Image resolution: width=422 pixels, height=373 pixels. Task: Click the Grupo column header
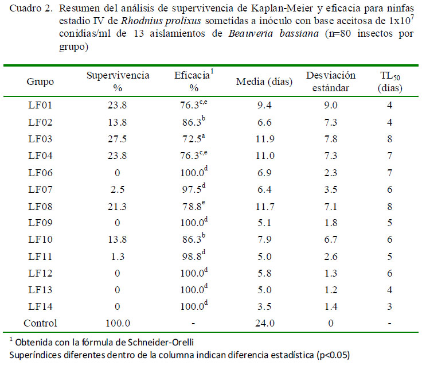click(x=40, y=82)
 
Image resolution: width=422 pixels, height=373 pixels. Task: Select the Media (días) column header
click(x=264, y=82)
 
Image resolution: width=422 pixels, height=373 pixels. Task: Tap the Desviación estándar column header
click(x=331, y=82)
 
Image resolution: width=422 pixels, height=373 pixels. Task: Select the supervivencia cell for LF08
click(x=118, y=215)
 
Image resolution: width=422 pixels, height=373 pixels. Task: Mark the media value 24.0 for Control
click(x=264, y=324)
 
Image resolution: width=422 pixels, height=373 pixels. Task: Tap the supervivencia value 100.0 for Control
click(x=118, y=324)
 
